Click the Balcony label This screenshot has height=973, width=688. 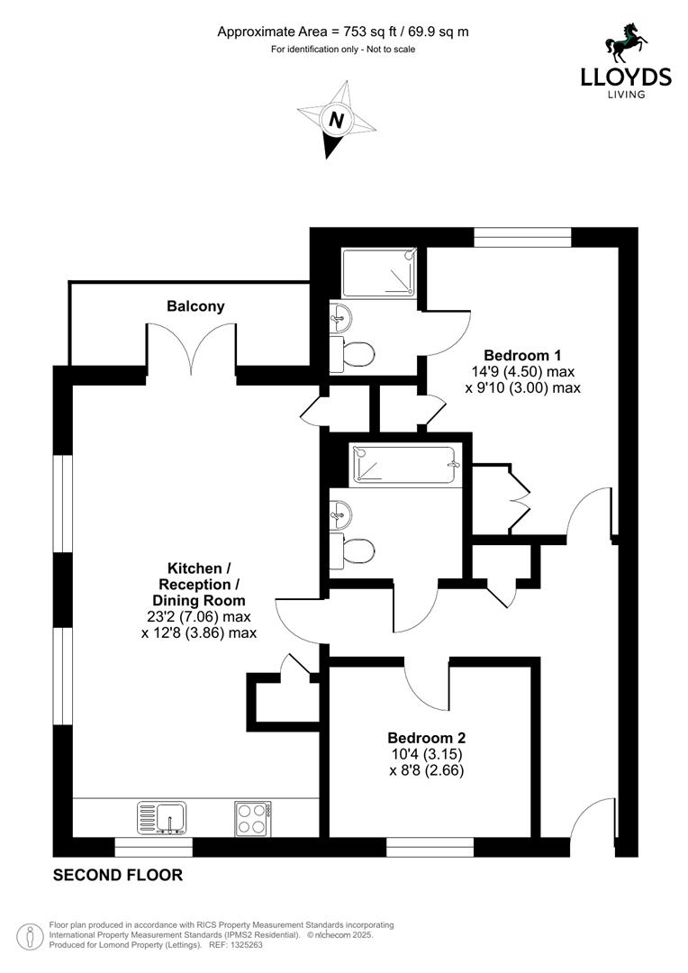point(195,306)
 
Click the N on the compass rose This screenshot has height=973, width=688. point(336,120)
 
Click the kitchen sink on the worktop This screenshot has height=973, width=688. point(162,818)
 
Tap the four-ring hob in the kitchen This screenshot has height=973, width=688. point(251,818)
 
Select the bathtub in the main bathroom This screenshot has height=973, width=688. point(407,465)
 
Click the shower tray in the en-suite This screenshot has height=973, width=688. point(379,272)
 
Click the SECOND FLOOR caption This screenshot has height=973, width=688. point(118,875)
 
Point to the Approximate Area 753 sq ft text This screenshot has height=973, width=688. point(343,32)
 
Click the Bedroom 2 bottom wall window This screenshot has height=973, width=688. point(430,847)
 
